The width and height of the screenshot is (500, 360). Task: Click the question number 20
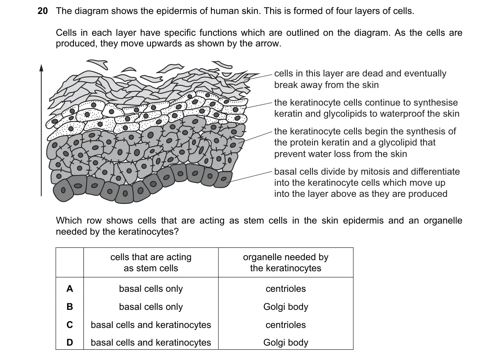tap(43, 11)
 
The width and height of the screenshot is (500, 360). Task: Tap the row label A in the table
tap(69, 288)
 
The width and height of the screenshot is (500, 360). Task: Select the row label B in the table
tap(69, 307)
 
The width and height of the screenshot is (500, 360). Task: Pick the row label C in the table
tap(69, 325)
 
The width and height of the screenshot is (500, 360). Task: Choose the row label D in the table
tap(69, 342)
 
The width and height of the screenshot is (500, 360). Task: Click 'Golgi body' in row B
tap(286, 307)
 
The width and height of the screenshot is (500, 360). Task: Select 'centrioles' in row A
tap(286, 288)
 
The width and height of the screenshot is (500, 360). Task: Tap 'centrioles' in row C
tap(286, 325)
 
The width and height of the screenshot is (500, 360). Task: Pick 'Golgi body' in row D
tap(286, 343)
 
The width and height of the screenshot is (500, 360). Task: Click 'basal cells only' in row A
tap(151, 289)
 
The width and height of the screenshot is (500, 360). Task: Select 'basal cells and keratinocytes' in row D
tap(151, 343)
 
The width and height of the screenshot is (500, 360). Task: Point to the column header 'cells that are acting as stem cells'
tap(151, 263)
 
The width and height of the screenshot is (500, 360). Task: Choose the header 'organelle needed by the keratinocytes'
tap(286, 263)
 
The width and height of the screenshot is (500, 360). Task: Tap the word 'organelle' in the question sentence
tap(443, 221)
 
